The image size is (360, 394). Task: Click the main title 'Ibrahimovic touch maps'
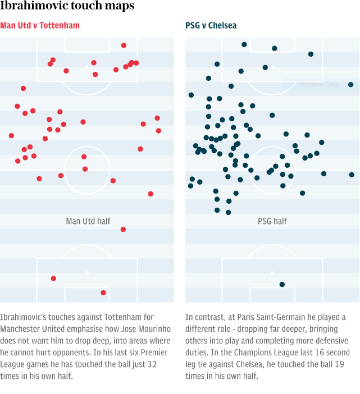67,6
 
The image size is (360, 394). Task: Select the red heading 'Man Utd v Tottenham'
40,26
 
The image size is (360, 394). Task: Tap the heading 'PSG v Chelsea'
211,26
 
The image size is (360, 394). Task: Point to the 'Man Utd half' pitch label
88,221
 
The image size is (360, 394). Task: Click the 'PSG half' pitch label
272,221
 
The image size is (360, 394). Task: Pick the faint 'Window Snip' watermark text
320,85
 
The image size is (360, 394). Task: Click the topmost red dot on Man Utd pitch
124,45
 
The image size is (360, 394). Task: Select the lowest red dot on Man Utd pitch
103,292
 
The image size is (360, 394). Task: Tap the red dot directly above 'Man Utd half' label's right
123,229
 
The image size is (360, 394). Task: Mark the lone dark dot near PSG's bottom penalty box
282,285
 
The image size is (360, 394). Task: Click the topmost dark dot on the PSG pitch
244,44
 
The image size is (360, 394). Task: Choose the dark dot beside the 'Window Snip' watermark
350,85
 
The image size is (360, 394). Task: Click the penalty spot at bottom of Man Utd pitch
87,273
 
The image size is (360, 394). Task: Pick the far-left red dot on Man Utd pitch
11,135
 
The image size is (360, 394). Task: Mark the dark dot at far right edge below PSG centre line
352,175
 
